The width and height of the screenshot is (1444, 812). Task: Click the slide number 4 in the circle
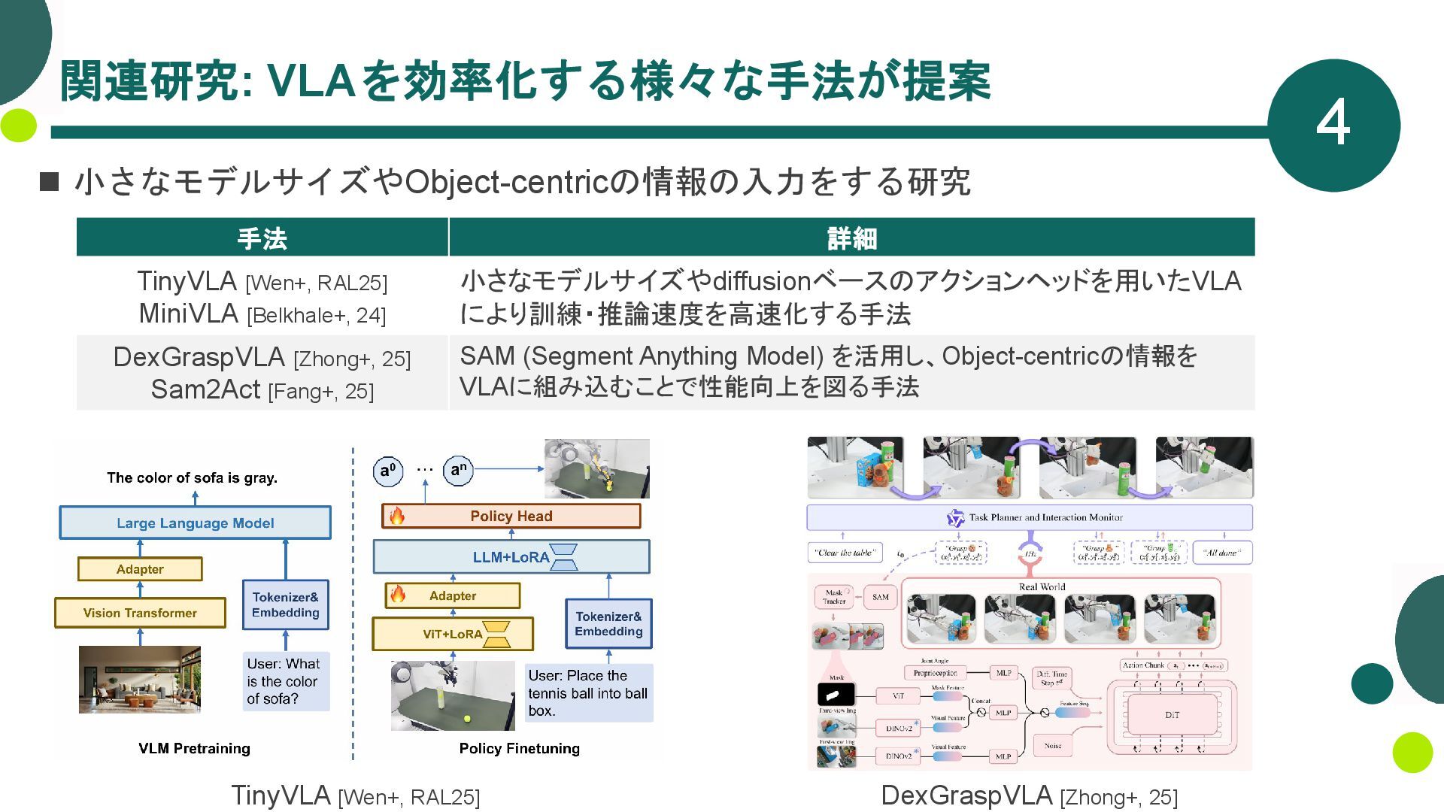(x=1333, y=124)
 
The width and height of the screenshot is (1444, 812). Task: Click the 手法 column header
(x=262, y=238)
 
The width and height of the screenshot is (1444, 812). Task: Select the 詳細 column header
(x=851, y=238)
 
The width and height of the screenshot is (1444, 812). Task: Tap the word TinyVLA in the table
(x=187, y=281)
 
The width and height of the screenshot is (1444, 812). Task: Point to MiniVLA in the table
(x=188, y=314)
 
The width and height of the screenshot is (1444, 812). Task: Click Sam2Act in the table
(x=205, y=389)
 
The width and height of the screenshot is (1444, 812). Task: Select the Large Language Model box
(x=195, y=523)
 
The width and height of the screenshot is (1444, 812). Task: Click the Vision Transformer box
(x=140, y=613)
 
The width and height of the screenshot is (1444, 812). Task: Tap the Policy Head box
(x=511, y=516)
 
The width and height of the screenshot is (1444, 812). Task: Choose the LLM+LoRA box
(x=511, y=557)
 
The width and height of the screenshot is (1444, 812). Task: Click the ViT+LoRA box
(x=453, y=634)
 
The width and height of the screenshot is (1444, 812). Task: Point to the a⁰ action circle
(x=387, y=471)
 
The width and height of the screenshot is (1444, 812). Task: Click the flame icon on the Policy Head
(x=396, y=516)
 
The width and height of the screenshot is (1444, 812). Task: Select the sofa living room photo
(x=140, y=679)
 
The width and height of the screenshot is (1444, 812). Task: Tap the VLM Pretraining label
(x=194, y=748)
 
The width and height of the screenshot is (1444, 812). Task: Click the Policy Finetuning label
(x=519, y=748)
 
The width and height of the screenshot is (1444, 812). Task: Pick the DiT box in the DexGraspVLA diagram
(x=1172, y=715)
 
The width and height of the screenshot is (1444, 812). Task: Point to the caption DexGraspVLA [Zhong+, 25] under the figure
(x=1029, y=795)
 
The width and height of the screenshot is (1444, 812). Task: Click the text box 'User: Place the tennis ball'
(x=588, y=692)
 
